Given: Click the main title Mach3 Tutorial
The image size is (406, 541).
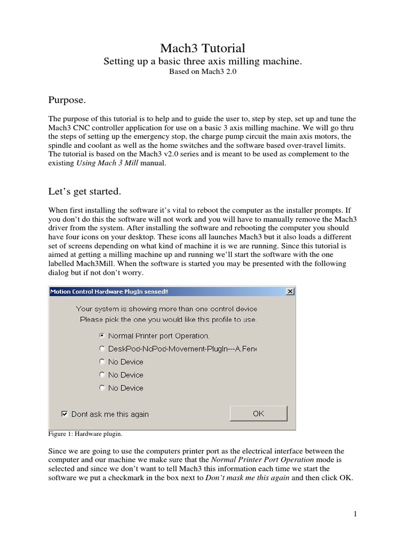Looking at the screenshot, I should pyautogui.click(x=202, y=49).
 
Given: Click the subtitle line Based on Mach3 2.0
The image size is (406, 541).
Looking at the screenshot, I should pyautogui.click(x=202, y=72).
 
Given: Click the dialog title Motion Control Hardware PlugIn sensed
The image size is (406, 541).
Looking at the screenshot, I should pyautogui.click(x=109, y=292).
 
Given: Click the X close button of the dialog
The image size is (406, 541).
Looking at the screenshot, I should pyautogui.click(x=290, y=292).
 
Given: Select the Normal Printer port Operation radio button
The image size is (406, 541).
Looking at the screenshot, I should pyautogui.click(x=102, y=335).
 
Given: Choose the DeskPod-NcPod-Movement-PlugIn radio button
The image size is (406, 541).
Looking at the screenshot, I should pyautogui.click(x=102, y=349).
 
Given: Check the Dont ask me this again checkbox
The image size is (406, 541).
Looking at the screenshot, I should pyautogui.click(x=64, y=414).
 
